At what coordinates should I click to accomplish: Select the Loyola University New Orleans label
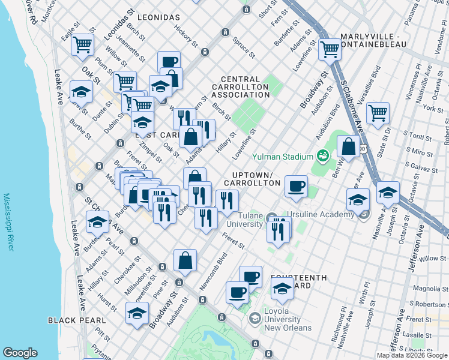[289, 319]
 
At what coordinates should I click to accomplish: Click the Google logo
[20, 353]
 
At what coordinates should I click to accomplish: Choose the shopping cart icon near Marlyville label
[330, 49]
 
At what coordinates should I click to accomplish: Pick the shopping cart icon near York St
[378, 112]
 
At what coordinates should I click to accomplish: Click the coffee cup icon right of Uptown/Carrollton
[295, 185]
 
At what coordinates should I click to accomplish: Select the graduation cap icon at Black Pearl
[137, 313]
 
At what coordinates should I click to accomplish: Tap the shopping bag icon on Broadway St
[185, 260]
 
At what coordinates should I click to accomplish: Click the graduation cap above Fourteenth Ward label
[282, 289]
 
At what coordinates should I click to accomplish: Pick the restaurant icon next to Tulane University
[279, 230]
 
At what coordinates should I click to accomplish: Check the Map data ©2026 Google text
[411, 355]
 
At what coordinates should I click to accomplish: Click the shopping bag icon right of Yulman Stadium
[348, 146]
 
